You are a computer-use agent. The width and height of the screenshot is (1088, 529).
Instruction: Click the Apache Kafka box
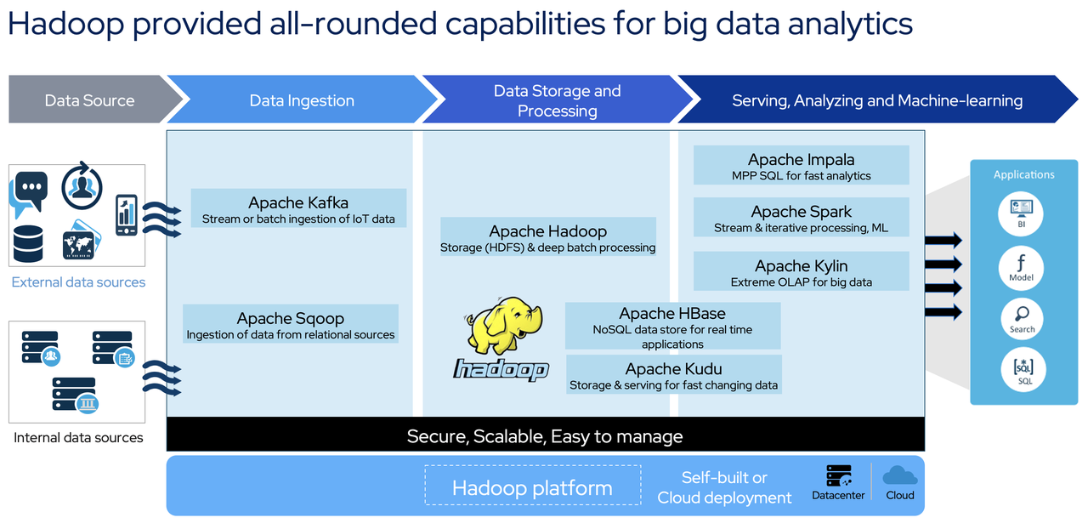tap(298, 209)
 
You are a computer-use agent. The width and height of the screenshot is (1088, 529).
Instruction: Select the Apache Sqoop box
tap(291, 325)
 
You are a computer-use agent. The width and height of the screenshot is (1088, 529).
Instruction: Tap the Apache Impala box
tap(801, 166)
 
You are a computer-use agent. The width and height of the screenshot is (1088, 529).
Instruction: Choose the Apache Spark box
tap(801, 219)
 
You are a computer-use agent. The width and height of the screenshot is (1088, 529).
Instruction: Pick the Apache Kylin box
tap(801, 272)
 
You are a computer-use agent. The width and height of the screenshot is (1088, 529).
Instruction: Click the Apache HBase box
tap(672, 327)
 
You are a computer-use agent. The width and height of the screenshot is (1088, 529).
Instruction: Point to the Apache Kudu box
tap(673, 375)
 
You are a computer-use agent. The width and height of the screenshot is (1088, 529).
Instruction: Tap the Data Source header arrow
tap(89, 100)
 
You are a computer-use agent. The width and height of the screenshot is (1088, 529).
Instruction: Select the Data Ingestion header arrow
tap(302, 100)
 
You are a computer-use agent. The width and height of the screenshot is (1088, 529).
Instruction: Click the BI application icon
tap(1021, 212)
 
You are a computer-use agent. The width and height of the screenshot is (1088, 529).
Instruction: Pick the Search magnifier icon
tap(1021, 317)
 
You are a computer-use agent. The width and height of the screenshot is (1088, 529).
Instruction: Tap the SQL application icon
tap(1023, 370)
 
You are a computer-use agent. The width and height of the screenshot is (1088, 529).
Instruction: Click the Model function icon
tap(1021, 265)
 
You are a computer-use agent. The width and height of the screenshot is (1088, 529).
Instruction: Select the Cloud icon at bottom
tap(899, 475)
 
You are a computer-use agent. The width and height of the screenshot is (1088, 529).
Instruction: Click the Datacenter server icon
tap(838, 476)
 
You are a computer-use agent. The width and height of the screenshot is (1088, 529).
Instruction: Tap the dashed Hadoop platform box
tap(532, 487)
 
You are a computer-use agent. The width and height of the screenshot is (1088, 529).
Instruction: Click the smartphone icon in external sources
tap(127, 215)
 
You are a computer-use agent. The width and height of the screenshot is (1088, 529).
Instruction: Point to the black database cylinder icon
tap(28, 243)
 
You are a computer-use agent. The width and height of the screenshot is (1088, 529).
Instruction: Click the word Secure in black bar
tap(436, 437)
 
